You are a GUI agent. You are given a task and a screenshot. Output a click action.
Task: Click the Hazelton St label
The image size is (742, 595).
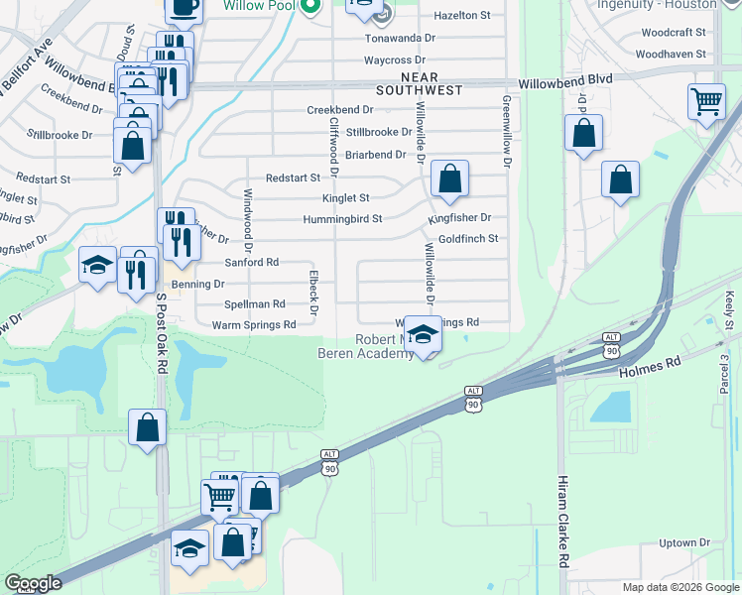coord(463,16)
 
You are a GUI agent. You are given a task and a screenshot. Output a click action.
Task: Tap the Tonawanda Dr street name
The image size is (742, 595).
coord(400,38)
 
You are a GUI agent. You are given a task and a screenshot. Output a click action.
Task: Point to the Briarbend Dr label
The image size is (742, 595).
coord(376,155)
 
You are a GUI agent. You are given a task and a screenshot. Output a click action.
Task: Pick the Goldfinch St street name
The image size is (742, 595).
coord(467,239)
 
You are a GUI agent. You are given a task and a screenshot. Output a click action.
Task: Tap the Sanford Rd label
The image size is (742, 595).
coord(251,263)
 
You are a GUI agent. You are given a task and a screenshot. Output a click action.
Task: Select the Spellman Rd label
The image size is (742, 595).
coord(255,303)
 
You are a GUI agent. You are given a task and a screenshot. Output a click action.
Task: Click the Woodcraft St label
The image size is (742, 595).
coord(674,33)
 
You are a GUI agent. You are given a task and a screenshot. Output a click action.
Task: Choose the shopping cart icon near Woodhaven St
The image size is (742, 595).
coord(705,100)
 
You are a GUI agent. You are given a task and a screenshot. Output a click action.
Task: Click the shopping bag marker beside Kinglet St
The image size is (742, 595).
coord(449,179)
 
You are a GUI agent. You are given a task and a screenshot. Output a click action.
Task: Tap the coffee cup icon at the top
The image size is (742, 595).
coord(185,6)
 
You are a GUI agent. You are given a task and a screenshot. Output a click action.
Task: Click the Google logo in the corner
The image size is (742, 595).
coord(33,583)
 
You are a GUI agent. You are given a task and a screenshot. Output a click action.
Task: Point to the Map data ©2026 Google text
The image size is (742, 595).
coord(680,587)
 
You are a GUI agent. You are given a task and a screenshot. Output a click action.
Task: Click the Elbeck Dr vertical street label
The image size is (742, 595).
coord(312,293)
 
